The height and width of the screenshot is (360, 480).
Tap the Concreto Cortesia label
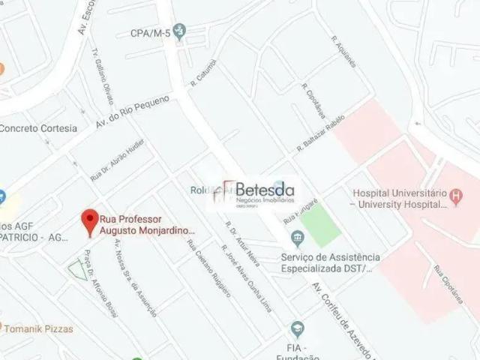[x=37, y=127]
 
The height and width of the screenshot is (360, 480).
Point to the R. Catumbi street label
[x=204, y=73]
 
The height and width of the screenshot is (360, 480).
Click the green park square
[x=321, y=224]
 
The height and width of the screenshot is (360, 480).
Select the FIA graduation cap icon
[x=298, y=329]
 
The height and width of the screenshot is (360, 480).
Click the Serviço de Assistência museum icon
[x=298, y=239]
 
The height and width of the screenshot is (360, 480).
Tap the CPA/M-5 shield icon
[x=178, y=31]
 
